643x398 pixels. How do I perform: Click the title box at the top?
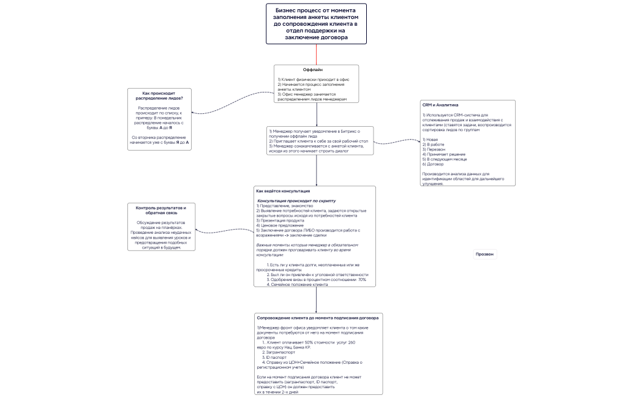click(x=316, y=24)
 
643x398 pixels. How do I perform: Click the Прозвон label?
click(x=485, y=254)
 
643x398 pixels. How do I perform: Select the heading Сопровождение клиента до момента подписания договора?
click(x=318, y=318)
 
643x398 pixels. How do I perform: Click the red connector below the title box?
click(x=316, y=54)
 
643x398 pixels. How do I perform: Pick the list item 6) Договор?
click(x=433, y=165)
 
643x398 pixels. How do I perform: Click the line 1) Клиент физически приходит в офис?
click(x=309, y=80)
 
